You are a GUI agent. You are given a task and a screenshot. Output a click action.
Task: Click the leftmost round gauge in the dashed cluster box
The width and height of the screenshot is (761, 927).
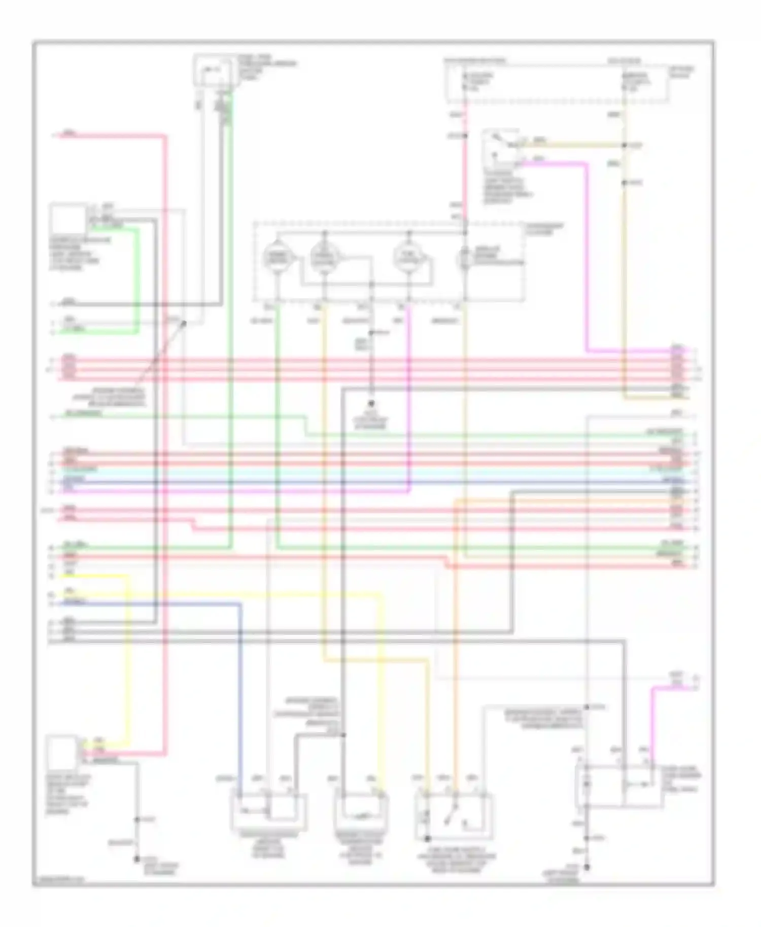pos(276,258)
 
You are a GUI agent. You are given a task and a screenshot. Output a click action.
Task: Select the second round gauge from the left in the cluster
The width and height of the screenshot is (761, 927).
pos(323,258)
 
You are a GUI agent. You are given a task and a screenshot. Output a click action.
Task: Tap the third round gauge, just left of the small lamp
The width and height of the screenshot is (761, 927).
pos(408,258)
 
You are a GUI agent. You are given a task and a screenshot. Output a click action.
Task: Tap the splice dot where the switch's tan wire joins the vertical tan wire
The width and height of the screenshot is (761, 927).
pos(625,146)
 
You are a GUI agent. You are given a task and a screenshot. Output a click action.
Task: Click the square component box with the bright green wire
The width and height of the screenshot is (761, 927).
pos(67,220)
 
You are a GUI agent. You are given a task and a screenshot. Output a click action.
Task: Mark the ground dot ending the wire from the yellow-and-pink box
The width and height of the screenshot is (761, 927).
pos(136,859)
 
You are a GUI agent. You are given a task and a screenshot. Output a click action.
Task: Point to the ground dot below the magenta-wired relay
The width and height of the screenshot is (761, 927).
pos(586,867)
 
